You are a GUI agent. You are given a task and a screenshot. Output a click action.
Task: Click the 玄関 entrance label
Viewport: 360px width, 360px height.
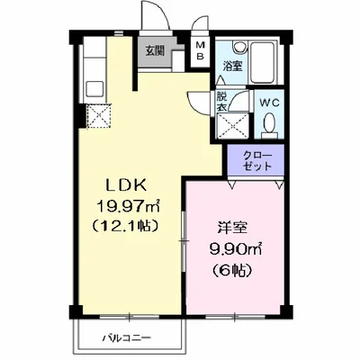click(x=155, y=51)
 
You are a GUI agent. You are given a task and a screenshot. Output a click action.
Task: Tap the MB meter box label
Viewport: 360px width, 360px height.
click(x=200, y=50)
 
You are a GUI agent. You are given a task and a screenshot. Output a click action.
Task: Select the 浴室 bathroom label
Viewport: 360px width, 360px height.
click(x=232, y=67)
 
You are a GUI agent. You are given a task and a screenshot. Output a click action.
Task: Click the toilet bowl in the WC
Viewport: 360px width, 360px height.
click(x=269, y=124)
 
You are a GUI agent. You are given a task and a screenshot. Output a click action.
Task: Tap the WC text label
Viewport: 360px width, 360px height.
click(x=269, y=103)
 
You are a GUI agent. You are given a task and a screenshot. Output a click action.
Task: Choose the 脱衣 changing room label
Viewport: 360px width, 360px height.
click(x=222, y=102)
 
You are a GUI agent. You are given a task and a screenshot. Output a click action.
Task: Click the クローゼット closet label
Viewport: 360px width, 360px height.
click(x=257, y=161)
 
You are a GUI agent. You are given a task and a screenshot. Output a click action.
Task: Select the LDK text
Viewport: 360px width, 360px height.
click(x=126, y=185)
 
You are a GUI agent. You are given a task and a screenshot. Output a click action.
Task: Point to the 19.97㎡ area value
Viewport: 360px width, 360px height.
click(x=128, y=206)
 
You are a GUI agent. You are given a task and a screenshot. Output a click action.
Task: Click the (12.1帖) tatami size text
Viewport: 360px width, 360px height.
click(x=125, y=225)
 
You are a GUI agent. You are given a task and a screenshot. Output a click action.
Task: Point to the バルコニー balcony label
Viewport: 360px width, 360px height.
click(x=126, y=338)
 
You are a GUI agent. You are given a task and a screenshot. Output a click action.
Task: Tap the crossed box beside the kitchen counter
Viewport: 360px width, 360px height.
click(x=99, y=115)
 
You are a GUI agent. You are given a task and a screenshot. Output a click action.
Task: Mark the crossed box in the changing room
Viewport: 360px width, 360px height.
click(x=233, y=126)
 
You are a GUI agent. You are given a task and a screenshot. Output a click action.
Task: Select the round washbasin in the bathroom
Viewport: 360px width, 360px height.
click(x=239, y=46)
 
